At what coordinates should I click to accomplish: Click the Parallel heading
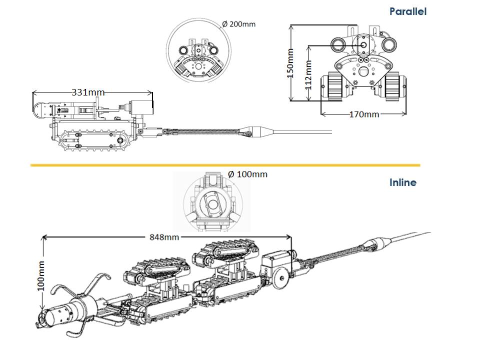tap(407, 11)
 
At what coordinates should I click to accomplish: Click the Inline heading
tap(402, 182)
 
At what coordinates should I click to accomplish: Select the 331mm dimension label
tap(88, 92)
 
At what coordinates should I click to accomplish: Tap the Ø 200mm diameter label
tap(238, 24)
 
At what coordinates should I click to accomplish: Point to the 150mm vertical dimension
tap(289, 63)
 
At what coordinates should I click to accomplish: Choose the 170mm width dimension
tap(364, 114)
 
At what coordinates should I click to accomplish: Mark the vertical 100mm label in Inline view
tap(41, 275)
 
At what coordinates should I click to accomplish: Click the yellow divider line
tap(225, 164)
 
